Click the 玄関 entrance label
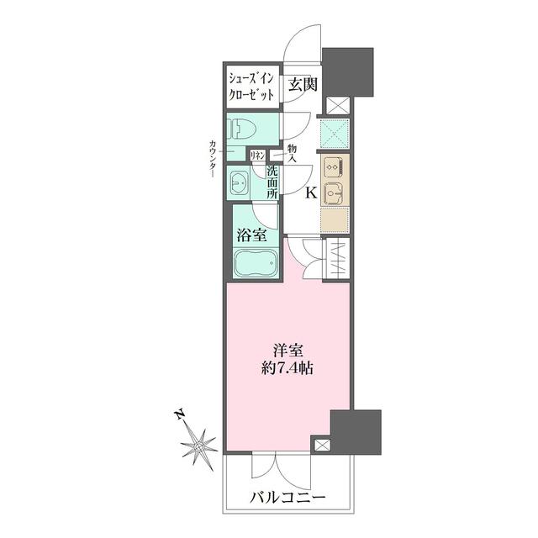click(303, 84)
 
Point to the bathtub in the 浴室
click(255, 266)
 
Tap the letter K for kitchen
click(309, 193)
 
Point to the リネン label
click(259, 155)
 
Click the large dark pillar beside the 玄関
click(349, 72)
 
